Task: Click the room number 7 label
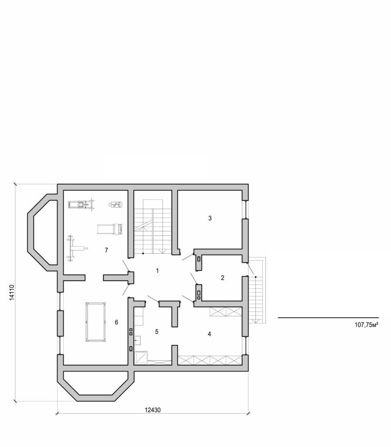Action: (x=106, y=250)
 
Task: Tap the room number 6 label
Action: (x=116, y=322)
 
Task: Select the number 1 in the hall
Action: (x=157, y=271)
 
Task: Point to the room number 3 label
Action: (x=210, y=218)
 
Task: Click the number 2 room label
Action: (x=222, y=278)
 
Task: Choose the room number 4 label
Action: (x=209, y=334)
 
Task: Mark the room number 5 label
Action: (x=156, y=332)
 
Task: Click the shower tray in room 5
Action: (x=141, y=358)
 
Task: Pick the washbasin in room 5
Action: (x=137, y=340)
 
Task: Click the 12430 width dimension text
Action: (x=153, y=409)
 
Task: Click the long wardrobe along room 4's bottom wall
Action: (x=210, y=360)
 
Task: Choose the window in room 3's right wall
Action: (x=245, y=210)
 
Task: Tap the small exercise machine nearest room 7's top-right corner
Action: (x=115, y=204)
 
